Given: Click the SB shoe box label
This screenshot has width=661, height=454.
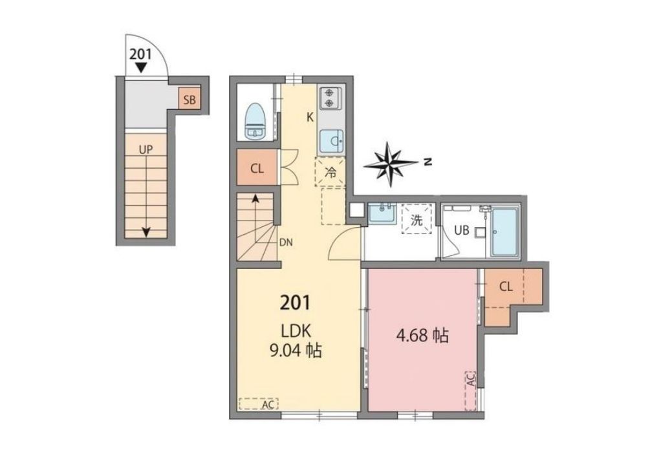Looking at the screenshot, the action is tap(190, 100).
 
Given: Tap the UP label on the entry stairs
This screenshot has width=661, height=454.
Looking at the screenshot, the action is tap(146, 149).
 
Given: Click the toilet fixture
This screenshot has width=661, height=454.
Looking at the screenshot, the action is tap(254, 121).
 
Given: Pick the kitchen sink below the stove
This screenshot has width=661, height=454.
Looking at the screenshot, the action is tap(331, 140).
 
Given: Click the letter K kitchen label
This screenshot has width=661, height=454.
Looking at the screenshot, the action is tap(310, 117).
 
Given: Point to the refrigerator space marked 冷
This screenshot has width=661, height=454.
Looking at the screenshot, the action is tap(330, 171).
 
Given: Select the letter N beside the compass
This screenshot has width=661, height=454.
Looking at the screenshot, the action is tap(429, 162).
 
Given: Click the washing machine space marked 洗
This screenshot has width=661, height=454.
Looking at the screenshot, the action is tap(417, 219).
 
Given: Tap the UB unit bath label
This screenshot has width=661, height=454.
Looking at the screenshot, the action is tap(462, 230).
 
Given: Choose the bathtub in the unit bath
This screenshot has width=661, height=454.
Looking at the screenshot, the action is tap(506, 231).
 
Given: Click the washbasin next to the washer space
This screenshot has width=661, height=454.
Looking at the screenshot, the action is tap(382, 213).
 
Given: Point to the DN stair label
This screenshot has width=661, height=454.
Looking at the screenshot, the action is tap(286, 243).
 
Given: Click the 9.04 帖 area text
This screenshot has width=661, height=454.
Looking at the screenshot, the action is tap(296, 349).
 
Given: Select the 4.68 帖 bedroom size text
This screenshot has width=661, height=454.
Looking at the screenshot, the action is tap(422, 336).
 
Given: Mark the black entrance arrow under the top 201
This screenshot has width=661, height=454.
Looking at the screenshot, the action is tap(142, 68).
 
